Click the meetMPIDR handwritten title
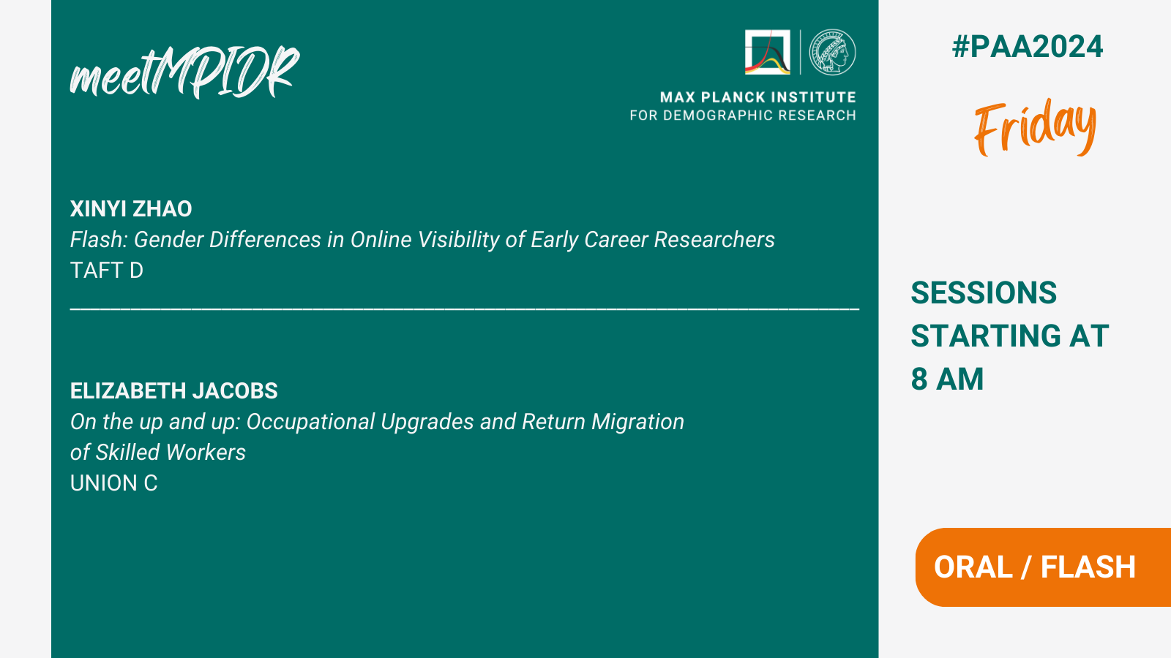[x=184, y=72]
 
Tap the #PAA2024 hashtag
[x=1028, y=47]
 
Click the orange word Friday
[x=1035, y=127]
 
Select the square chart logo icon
[x=768, y=52]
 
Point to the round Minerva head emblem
[x=832, y=52]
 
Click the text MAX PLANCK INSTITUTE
[x=757, y=97]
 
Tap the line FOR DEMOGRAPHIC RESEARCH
[x=742, y=116]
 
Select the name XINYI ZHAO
[x=131, y=209]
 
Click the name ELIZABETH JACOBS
[x=174, y=391]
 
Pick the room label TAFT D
[x=107, y=271]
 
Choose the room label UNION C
[x=114, y=483]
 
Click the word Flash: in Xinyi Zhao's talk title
[x=99, y=240]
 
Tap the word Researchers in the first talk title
[x=714, y=240]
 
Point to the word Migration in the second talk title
[x=637, y=422]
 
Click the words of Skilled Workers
[x=158, y=453]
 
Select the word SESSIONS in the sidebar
[x=984, y=292]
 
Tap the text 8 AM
[x=947, y=379]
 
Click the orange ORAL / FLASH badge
[x=1043, y=567]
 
